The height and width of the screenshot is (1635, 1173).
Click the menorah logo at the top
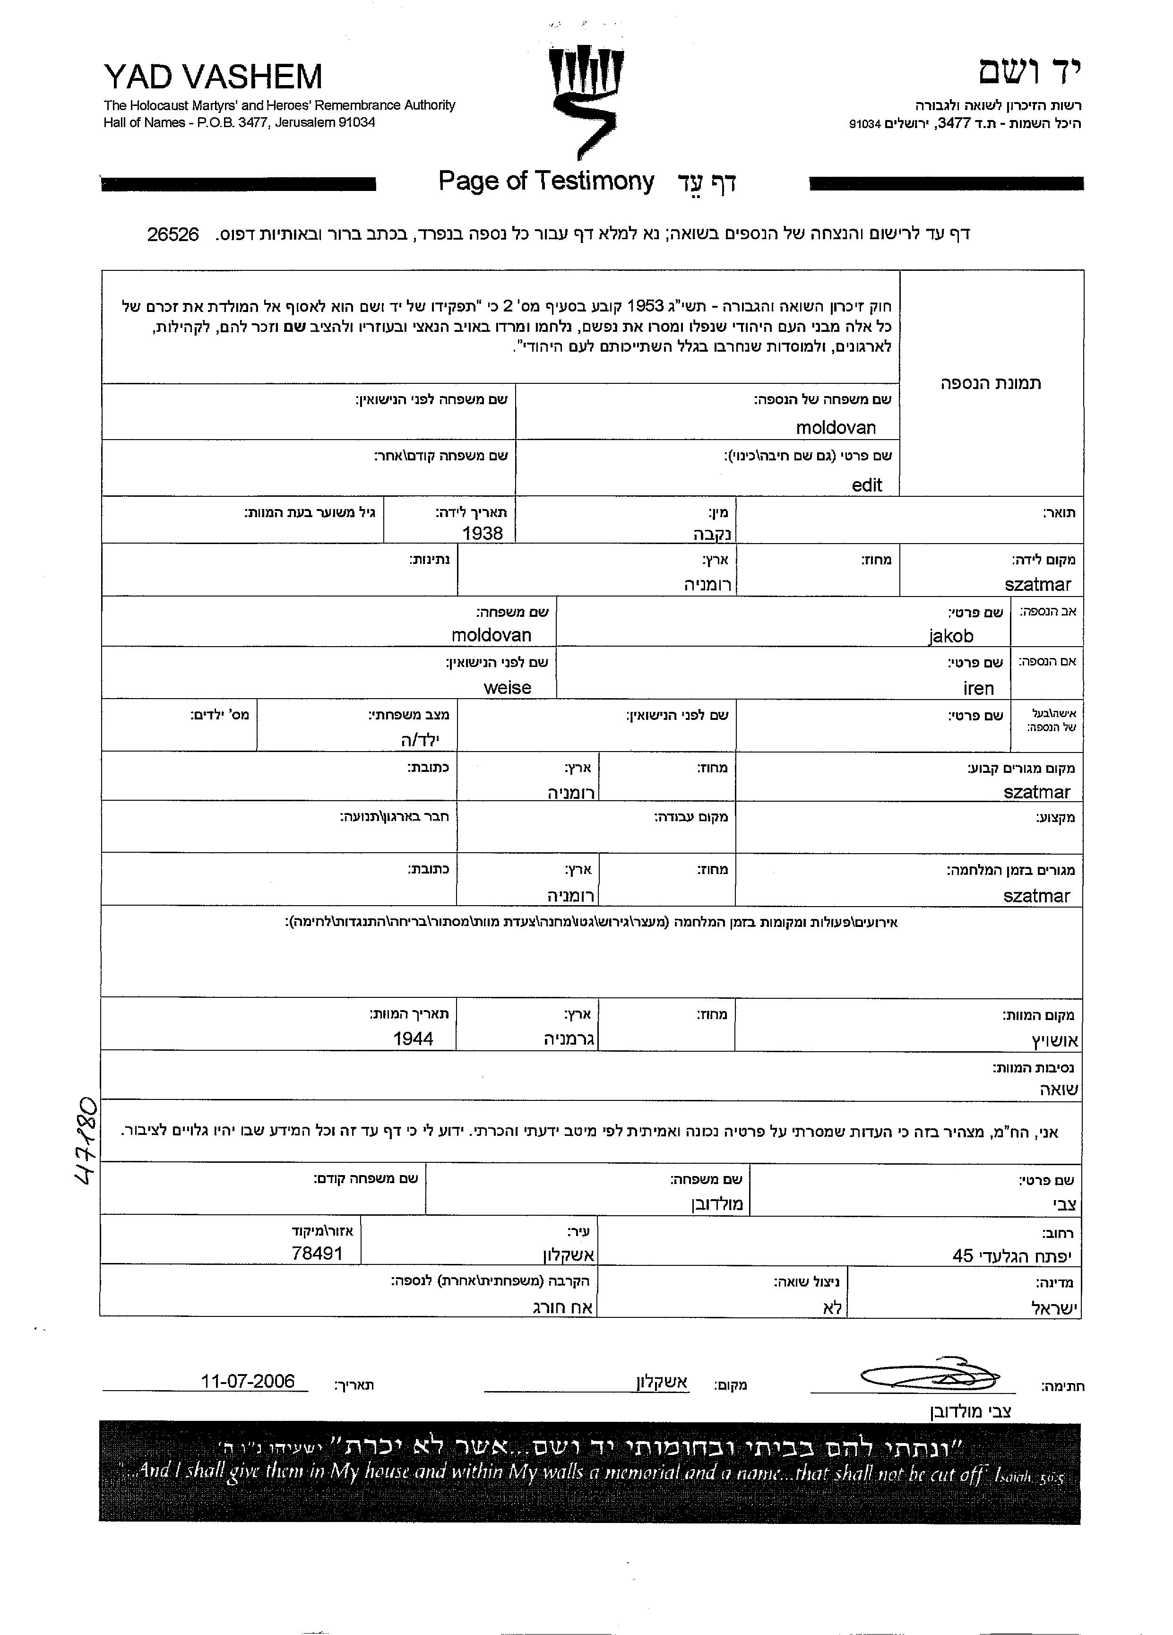point(586,101)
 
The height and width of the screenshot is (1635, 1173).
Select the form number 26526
point(173,234)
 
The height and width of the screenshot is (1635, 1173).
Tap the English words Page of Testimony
point(546,181)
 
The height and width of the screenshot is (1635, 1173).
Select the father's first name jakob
point(950,636)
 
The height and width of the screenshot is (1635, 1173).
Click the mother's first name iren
point(978,689)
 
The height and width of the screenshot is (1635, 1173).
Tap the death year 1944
point(413,1039)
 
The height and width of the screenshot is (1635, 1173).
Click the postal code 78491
point(317,1253)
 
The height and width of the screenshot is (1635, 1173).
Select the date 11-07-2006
point(248,1381)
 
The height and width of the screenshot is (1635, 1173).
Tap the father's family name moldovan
point(491,635)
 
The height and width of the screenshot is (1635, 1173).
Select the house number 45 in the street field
point(963,1256)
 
